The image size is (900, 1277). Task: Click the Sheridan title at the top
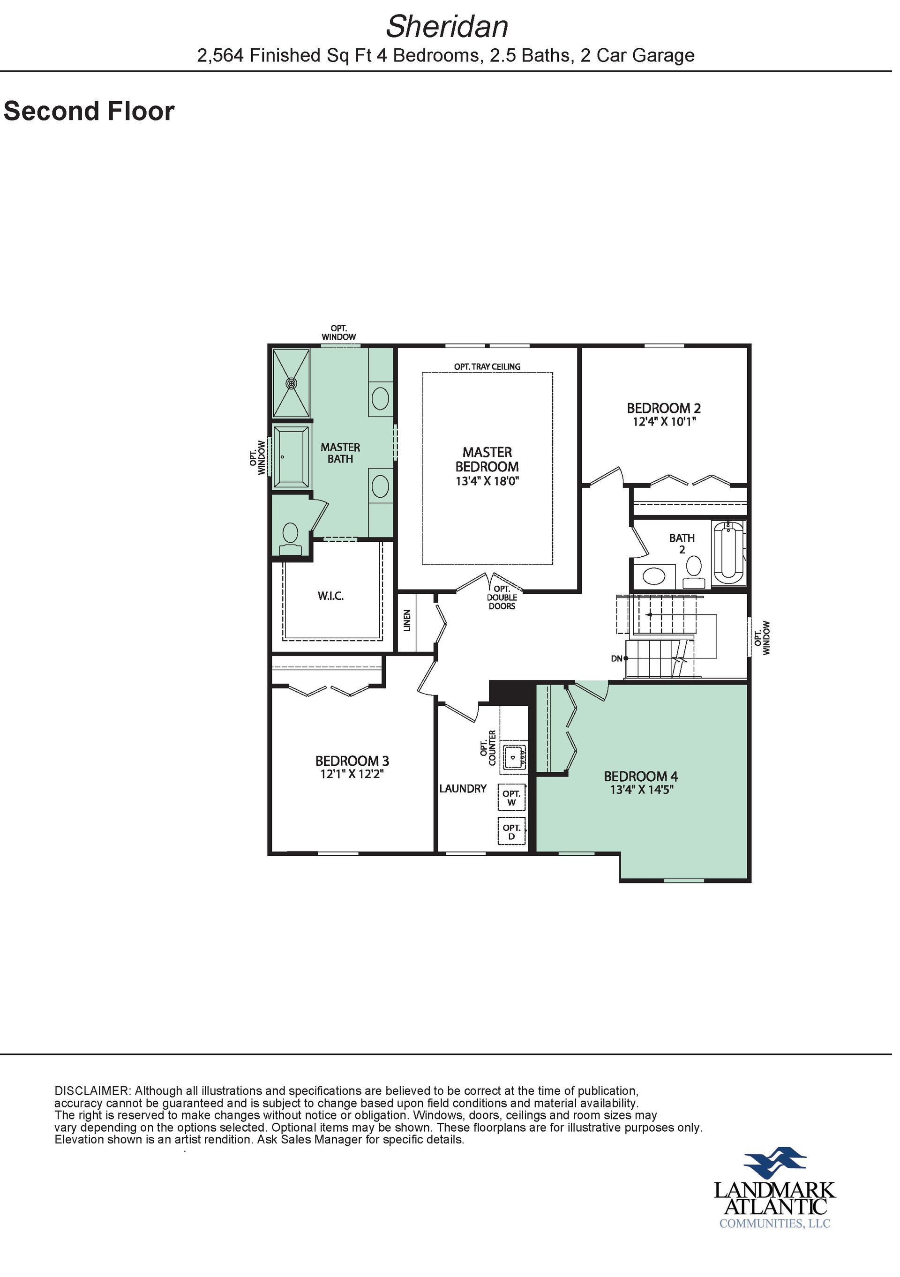coord(447,27)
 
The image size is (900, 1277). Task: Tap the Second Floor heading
coord(89,111)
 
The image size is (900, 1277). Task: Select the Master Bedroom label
coord(487,459)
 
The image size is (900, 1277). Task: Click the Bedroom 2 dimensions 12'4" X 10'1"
coord(664,422)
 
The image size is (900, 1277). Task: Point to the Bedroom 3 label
coord(352,761)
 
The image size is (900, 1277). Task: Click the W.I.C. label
coord(331,597)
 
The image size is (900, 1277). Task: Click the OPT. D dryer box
coord(511,832)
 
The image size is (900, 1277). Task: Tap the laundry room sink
coord(515,756)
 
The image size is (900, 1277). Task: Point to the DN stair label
coord(616,658)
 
